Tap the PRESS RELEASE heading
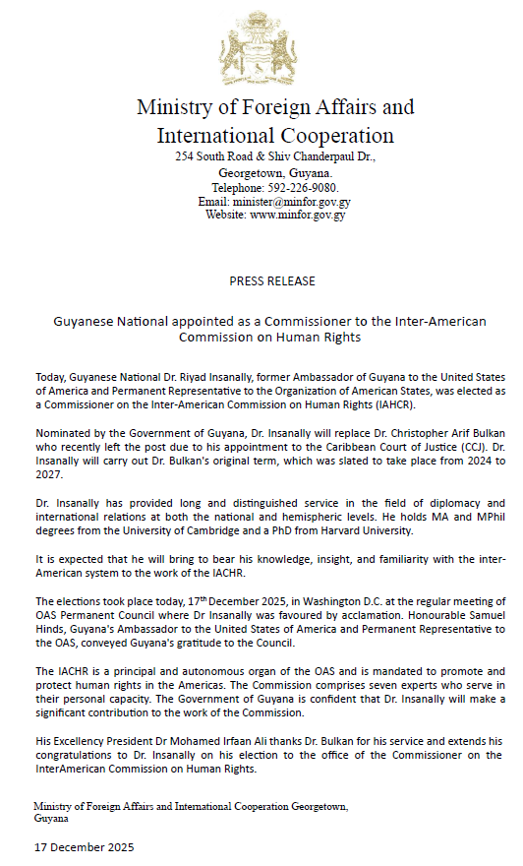272,280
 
